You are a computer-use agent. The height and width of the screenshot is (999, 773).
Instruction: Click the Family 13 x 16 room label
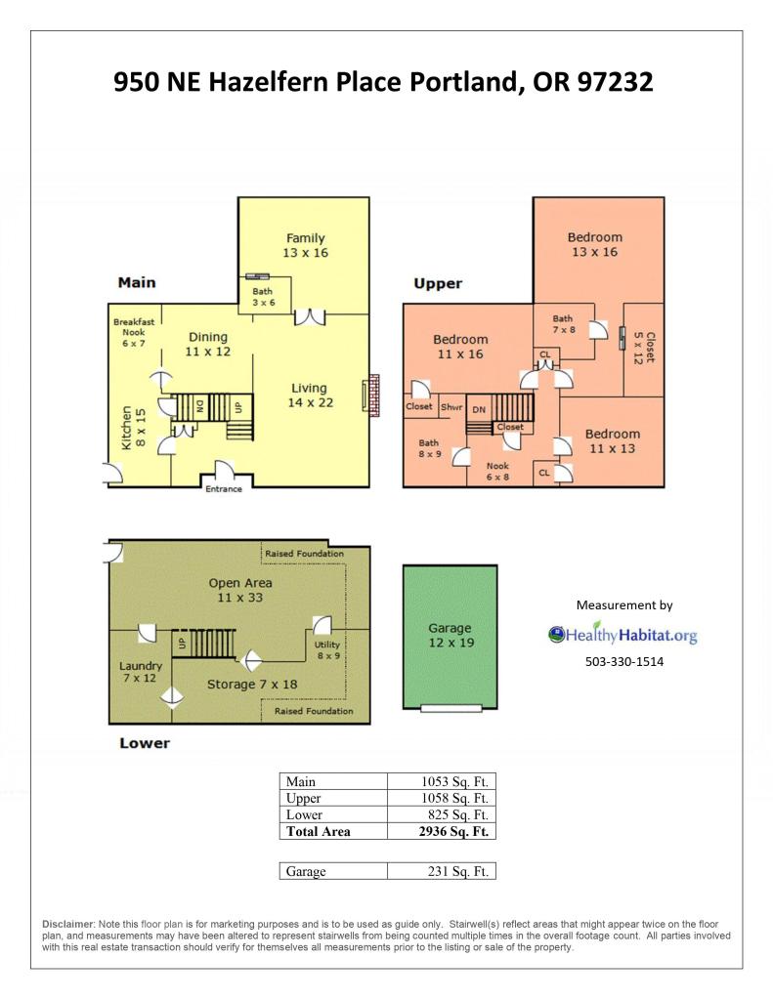306,245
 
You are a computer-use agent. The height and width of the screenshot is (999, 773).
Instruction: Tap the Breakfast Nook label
134,327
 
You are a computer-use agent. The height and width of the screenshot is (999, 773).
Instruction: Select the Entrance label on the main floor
223,488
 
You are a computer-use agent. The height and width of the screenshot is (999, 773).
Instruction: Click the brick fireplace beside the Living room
371,395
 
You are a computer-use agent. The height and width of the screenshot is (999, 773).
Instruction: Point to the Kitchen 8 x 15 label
133,428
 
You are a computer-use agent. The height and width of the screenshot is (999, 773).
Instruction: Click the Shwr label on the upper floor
451,407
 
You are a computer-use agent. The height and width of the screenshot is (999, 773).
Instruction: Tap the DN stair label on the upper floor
479,410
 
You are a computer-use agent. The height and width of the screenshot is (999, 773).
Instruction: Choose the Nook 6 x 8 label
497,471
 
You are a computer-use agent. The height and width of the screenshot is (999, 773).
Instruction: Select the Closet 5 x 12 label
644,348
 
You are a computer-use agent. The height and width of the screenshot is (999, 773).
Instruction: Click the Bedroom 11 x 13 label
613,440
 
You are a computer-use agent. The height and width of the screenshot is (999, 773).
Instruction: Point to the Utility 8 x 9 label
327,649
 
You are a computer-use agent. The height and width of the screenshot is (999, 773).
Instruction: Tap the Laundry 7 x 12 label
141,672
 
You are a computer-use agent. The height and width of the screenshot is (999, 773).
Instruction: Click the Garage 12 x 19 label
451,635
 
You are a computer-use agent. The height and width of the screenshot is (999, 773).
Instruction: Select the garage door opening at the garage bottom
451,708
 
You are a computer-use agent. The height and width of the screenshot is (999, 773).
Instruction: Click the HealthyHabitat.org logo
623,634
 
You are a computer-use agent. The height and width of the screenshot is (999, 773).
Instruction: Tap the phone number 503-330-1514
624,661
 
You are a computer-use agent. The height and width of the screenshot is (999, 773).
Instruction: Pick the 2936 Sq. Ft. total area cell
453,831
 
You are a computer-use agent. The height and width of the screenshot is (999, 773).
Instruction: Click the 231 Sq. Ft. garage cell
458,872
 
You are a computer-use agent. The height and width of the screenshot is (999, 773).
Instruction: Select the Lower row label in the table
304,814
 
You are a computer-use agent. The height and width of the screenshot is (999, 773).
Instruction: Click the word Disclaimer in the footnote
68,924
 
